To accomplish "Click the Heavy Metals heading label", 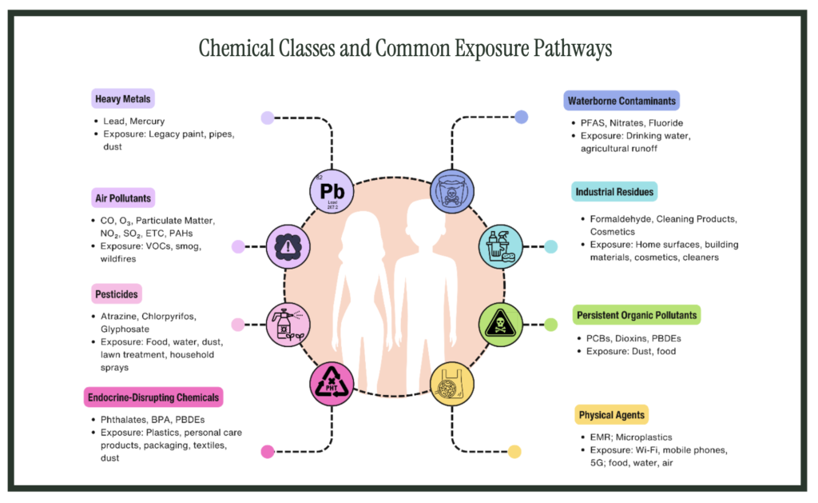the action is coord(122,98).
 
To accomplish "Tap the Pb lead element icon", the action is coord(332,191).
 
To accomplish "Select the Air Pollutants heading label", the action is coord(123,198).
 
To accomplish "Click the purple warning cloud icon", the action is coord(288,246).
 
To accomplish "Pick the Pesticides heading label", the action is coord(117,294).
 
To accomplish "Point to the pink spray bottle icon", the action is coord(288,325).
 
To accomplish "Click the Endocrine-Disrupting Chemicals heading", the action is coord(153,397).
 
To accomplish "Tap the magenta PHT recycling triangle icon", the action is coord(332,384).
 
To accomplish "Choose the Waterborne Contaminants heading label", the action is coord(621,101).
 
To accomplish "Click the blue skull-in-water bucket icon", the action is coord(452,191).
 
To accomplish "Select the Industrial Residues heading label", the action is coord(614,192).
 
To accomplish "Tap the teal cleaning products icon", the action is coord(501,246).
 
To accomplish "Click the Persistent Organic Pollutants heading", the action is coord(637,315).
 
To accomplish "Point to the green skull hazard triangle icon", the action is coord(501,325).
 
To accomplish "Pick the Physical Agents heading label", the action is coord(611,415).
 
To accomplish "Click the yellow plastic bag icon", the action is coord(452,384).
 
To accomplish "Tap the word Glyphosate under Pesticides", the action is coord(125,329).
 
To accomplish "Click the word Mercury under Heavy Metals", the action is coord(147,122).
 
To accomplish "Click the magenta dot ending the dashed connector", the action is coord(268,452).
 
